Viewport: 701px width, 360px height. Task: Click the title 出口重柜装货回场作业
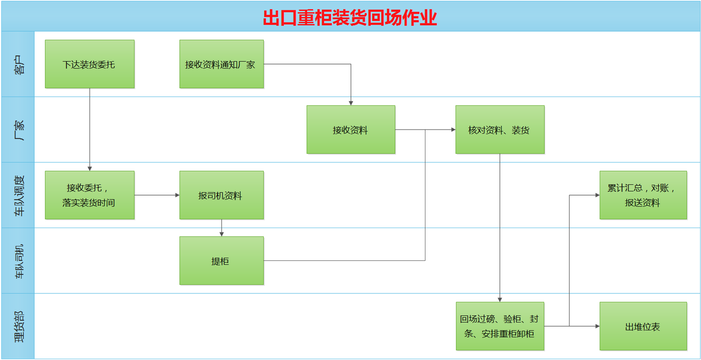(350, 17)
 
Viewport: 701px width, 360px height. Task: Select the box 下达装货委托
(90, 64)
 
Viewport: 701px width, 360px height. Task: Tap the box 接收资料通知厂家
(221, 64)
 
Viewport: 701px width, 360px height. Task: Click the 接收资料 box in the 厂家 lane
(350, 129)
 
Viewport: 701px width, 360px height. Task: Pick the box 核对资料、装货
(500, 129)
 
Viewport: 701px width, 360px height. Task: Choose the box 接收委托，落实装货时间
(90, 195)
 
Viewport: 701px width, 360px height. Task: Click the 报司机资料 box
(221, 195)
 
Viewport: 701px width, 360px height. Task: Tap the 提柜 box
(221, 261)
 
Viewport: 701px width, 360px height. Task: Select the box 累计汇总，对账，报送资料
(643, 195)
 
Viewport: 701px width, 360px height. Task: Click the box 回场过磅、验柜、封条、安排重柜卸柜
(500, 326)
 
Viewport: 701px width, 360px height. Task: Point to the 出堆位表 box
(643, 326)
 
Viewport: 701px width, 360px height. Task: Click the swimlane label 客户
(18, 64)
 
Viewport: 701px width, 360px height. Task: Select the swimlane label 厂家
(18, 130)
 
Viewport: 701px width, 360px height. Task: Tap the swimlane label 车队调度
(18, 195)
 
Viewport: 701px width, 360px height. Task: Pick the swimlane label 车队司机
(18, 261)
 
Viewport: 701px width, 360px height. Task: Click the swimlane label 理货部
(18, 326)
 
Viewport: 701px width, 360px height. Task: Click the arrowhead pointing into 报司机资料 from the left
(177, 195)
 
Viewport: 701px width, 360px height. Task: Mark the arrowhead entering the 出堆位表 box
(597, 326)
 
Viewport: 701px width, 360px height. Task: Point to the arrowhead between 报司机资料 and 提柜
(222, 234)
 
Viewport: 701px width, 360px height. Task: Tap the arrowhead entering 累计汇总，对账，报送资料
(597, 195)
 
